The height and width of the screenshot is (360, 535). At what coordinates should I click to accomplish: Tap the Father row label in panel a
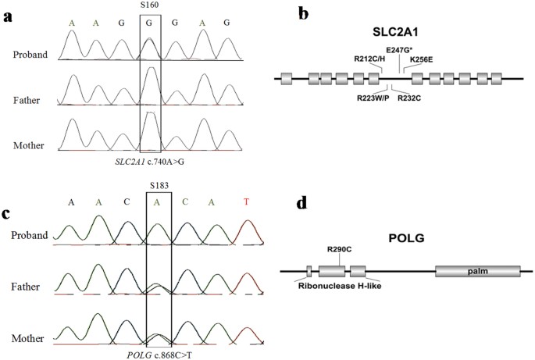pyautogui.click(x=32, y=100)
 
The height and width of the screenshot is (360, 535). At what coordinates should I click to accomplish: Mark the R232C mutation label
pyautogui.click(x=412, y=98)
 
